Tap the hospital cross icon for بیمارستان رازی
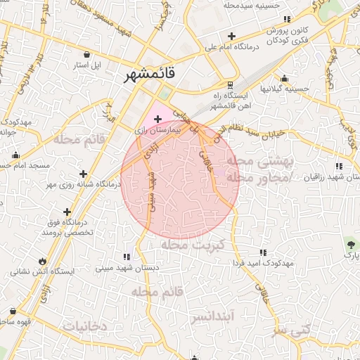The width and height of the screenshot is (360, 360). tap(157, 120)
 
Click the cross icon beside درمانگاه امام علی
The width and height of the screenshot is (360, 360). tap(231, 36)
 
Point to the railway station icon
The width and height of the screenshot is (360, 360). tap(230, 84)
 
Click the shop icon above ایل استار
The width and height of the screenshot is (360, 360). tap(86, 54)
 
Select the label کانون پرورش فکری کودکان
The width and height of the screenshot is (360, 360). tap(288, 37)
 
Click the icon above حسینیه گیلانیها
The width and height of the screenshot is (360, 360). tap(283, 78)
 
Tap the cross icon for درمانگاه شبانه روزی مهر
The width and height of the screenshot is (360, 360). tap(84, 173)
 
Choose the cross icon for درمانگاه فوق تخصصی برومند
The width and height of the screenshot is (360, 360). tap(67, 211)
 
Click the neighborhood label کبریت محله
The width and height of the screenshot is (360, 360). tap(191, 245)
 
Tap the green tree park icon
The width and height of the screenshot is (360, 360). tap(350, 243)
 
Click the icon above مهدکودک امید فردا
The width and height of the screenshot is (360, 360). tap(263, 252)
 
